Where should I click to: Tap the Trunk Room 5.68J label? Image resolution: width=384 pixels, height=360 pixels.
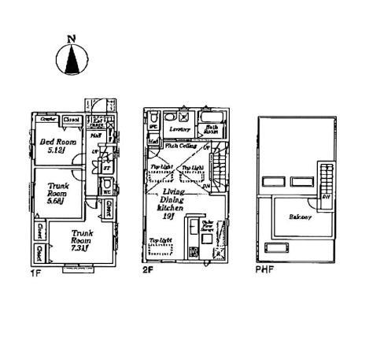pos(55,193)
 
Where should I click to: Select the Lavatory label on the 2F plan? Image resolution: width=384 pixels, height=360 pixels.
pos(181,128)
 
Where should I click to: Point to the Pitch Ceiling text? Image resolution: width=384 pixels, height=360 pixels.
pos(181,146)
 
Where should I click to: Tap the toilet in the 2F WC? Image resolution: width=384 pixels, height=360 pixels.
pos(154,120)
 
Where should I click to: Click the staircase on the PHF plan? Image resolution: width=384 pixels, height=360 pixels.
pos(324,181)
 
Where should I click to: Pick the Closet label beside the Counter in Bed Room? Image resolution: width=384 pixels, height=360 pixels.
pos(72,120)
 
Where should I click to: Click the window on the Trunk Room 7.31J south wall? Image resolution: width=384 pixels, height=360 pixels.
pos(76,266)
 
